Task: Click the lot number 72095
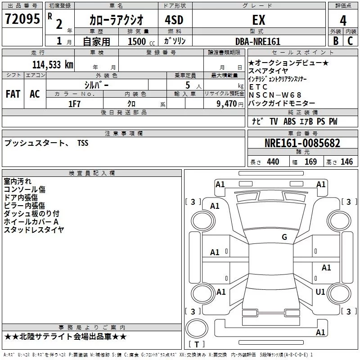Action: (x=22, y=19)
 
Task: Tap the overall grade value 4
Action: (x=343, y=20)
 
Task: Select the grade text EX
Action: (x=259, y=20)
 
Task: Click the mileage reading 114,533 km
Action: (x=53, y=65)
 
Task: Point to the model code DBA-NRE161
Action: (x=258, y=41)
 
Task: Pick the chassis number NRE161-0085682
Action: (x=302, y=143)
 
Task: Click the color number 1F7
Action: (x=74, y=104)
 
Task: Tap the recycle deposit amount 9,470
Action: (x=226, y=104)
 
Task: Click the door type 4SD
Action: (x=174, y=20)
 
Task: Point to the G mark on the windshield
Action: (x=284, y=237)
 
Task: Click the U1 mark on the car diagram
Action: (x=320, y=292)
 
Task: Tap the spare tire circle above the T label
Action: (x=197, y=328)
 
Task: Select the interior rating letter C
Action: (x=350, y=41)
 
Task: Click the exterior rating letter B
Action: (x=336, y=41)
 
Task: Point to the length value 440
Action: (x=273, y=162)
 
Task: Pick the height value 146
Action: (x=346, y=162)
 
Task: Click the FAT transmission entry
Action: (x=13, y=94)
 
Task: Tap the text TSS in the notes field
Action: (x=83, y=143)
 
